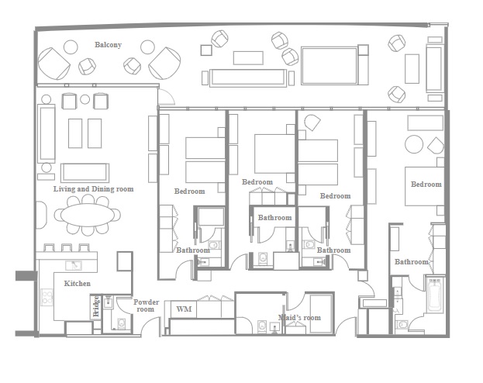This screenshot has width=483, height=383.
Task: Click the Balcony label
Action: click(x=108, y=45)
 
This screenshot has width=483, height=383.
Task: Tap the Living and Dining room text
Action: click(x=93, y=188)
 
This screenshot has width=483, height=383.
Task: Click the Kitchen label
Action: click(x=77, y=284)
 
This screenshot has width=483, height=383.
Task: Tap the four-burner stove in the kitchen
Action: click(x=47, y=297)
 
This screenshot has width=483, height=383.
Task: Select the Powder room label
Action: click(x=146, y=305)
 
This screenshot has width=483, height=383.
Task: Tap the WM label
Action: click(x=184, y=309)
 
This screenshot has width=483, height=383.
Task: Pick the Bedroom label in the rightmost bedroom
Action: click(x=426, y=185)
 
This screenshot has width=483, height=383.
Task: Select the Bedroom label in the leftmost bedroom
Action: click(x=189, y=191)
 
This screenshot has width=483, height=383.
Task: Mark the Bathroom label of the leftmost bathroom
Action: click(x=192, y=250)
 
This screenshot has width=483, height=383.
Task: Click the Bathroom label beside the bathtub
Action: click(x=411, y=262)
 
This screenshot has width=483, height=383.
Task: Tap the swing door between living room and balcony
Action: click(x=164, y=97)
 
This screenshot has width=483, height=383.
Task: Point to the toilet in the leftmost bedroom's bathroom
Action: click(x=215, y=246)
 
